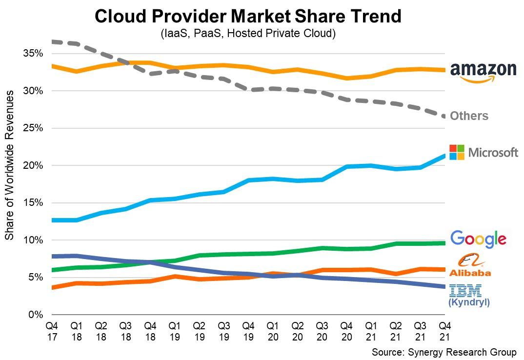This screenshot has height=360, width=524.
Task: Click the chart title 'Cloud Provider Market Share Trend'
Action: coord(248,16)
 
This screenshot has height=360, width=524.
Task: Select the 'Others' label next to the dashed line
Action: coord(469,116)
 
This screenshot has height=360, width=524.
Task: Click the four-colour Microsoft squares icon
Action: coord(457,152)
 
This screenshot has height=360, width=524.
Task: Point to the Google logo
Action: coord(478,238)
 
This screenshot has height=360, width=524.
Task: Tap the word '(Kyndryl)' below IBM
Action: coord(468,303)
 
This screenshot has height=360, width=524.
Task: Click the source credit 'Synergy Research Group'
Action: coord(443,352)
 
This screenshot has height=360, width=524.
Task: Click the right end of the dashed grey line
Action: coord(444,117)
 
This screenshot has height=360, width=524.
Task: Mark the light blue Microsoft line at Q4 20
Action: coord(346,167)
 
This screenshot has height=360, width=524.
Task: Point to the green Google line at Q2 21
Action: coord(396,243)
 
